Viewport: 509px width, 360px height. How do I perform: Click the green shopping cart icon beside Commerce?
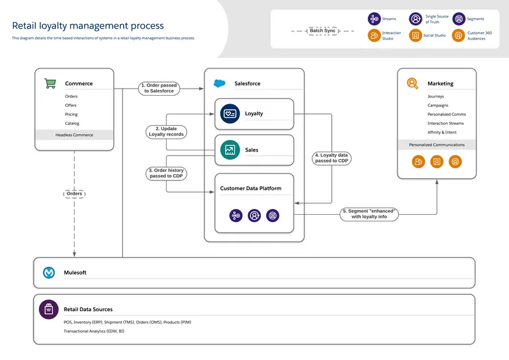(49, 83)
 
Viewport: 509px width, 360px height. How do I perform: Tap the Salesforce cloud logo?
(219, 83)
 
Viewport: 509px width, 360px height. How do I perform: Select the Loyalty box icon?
(230, 113)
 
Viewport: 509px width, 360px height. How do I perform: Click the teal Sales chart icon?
(230, 150)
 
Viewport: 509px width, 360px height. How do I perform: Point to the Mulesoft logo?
(49, 273)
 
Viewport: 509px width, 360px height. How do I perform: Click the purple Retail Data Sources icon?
(49, 309)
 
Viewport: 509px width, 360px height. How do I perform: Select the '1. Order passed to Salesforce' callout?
(159, 88)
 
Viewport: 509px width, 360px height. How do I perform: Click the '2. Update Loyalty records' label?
(166, 132)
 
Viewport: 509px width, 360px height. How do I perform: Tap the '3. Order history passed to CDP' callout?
(166, 173)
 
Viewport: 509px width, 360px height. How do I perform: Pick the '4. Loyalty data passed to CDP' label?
(332, 158)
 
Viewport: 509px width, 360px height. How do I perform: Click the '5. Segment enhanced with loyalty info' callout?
(369, 214)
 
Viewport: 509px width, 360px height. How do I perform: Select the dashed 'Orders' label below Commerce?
(74, 193)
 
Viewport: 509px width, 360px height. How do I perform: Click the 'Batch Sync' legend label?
(322, 31)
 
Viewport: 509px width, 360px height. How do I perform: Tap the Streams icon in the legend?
(374, 19)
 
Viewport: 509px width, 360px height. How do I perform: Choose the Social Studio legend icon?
(415, 36)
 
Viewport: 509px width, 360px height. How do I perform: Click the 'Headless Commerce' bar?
(74, 135)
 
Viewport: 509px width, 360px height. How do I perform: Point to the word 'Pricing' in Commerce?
(72, 114)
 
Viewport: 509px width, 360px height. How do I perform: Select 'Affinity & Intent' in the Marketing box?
(442, 132)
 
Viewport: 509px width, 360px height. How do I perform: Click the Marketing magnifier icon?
(412, 83)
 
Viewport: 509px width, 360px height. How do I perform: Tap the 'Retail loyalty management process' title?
(88, 26)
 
